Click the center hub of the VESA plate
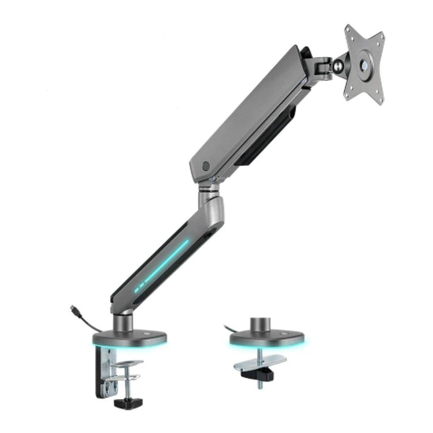364,65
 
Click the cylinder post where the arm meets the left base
122,322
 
